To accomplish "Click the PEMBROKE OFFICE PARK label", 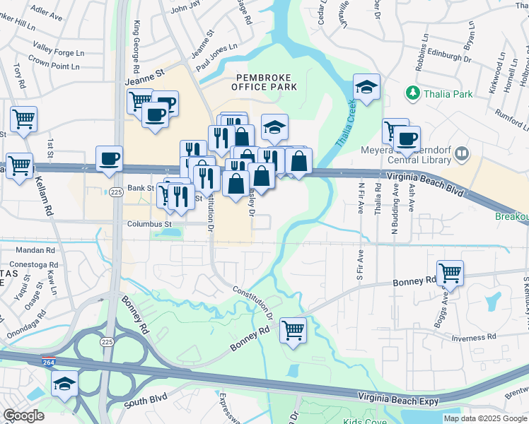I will tap(264, 81).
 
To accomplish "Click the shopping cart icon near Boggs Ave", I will tap(449, 272).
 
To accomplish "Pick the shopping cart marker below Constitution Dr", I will tap(293, 329).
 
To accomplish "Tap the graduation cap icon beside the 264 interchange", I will tap(64, 383).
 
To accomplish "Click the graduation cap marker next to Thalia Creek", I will tap(366, 88).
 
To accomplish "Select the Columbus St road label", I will tap(149, 225).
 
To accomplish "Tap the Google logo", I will tap(23, 416).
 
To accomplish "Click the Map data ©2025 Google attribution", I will tap(484, 418).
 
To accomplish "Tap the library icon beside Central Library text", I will tap(462, 153).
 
